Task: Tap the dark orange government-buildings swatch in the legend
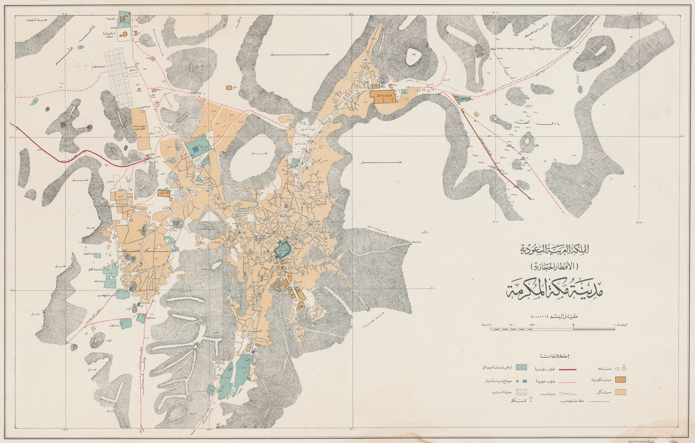tap(620, 380)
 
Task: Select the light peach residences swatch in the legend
tap(620, 392)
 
